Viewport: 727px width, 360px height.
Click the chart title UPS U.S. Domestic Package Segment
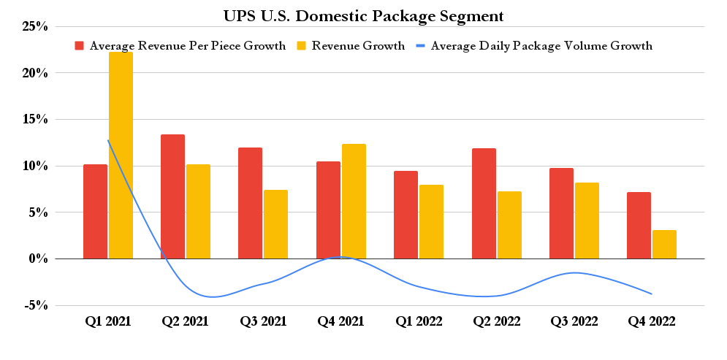pyautogui.click(x=363, y=14)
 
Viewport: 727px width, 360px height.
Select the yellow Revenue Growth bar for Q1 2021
pyautogui.click(x=121, y=156)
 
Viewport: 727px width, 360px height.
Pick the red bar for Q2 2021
pyautogui.click(x=172, y=196)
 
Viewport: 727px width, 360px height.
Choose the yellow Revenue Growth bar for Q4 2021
pyautogui.click(x=354, y=202)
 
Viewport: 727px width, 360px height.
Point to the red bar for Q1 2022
pyautogui.click(x=406, y=215)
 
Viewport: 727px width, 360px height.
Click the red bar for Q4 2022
pyautogui.click(x=639, y=226)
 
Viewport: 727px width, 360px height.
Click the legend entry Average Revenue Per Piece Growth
pyautogui.click(x=180, y=46)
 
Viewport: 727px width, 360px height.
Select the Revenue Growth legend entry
pyautogui.click(x=350, y=46)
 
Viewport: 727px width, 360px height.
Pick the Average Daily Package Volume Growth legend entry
pyautogui.click(x=533, y=46)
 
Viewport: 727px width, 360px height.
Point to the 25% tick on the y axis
pyautogui.click(x=34, y=27)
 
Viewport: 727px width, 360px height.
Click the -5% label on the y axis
pyautogui.click(x=34, y=305)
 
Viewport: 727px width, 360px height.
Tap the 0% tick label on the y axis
pyautogui.click(x=37, y=259)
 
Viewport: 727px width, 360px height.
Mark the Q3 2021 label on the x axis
pyautogui.click(x=263, y=321)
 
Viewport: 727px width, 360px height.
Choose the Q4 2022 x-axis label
pyautogui.click(x=651, y=321)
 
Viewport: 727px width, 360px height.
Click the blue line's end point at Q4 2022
pyautogui.click(x=651, y=294)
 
